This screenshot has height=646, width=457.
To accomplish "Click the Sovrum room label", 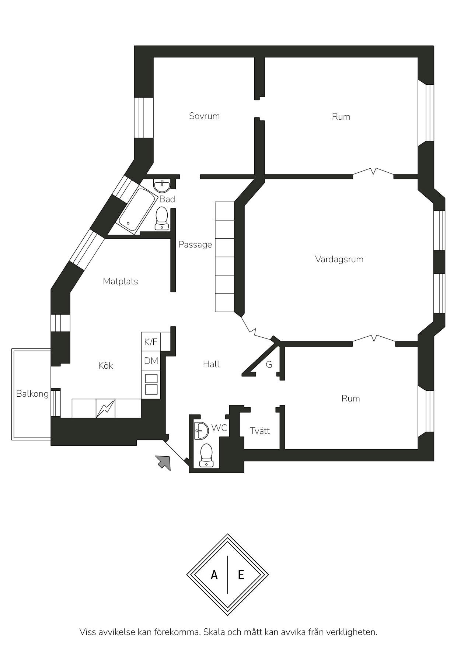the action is pos(204,116).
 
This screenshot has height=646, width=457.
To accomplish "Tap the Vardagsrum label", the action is pos(339,259).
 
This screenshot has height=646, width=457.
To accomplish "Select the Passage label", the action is pos(195,245).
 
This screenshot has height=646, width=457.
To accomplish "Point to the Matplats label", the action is pos(121,281).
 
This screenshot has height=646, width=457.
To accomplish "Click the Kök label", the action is pos(106,365).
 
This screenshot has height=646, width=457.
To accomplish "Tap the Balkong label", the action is pos(32,394).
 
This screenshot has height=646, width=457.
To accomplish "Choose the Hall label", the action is pos(211,364).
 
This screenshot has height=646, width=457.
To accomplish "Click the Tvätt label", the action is pos(260,431).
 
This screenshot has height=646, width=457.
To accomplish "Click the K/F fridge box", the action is pos(151,342).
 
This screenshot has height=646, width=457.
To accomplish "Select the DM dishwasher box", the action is pos(151,361).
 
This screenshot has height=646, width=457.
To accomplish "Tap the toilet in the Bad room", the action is pos(161,218).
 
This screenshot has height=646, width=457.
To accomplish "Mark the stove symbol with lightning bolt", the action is pos(105,408).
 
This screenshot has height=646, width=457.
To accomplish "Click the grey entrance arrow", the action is pos(164,462).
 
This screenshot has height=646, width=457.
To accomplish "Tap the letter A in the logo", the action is pos(214,575).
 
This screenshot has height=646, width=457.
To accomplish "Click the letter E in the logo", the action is pos(241,575).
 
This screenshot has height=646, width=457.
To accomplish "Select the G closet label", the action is pos(269,365).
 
